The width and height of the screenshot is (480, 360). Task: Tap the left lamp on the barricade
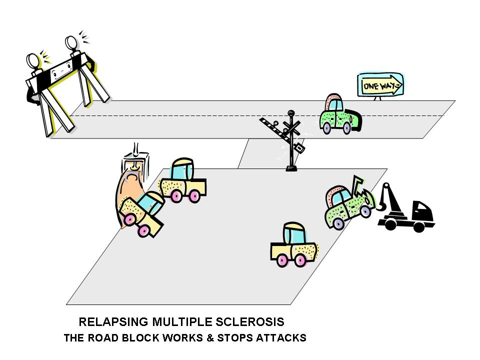pyautogui.click(x=34, y=60)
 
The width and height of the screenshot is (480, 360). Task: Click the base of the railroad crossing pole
pyautogui.click(x=290, y=168)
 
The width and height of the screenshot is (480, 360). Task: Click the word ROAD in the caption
pyautogui.click(x=106, y=338)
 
